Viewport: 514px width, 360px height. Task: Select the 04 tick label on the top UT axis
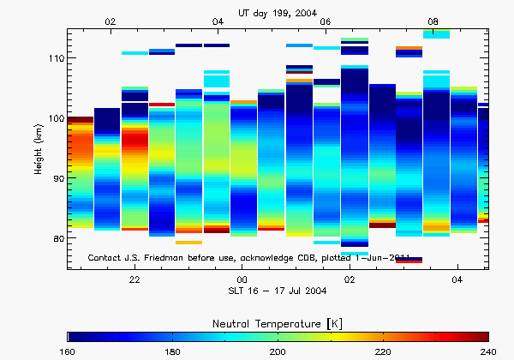(218, 21)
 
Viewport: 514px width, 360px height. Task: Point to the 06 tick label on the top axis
(326, 21)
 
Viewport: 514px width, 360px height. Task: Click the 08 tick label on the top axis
(433, 21)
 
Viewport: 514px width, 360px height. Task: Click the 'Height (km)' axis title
(39, 149)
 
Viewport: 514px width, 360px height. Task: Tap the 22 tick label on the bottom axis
(134, 280)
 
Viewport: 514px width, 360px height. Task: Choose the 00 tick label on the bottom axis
(242, 280)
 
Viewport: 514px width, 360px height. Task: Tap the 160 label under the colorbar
(68, 351)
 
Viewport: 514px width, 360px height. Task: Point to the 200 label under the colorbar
(278, 351)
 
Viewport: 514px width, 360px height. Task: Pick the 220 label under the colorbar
(383, 351)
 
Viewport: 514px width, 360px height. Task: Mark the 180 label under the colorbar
(173, 351)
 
